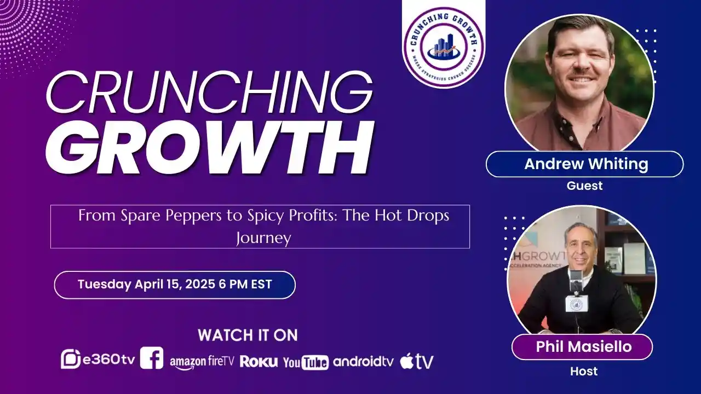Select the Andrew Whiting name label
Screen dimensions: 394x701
(x=584, y=164)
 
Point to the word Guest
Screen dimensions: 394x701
(x=584, y=186)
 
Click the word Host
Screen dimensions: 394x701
(x=584, y=372)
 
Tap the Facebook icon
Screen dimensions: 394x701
(x=151, y=358)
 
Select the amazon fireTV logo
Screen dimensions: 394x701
(x=202, y=361)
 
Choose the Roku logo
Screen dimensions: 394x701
(x=258, y=361)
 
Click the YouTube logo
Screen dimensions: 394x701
(x=306, y=362)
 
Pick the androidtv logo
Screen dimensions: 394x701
(x=363, y=361)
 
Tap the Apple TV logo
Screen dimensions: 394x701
(x=417, y=361)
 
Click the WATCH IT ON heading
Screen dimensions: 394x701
(x=248, y=335)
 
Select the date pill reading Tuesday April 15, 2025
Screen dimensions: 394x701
(x=175, y=285)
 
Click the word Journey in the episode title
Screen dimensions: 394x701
(x=263, y=238)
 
